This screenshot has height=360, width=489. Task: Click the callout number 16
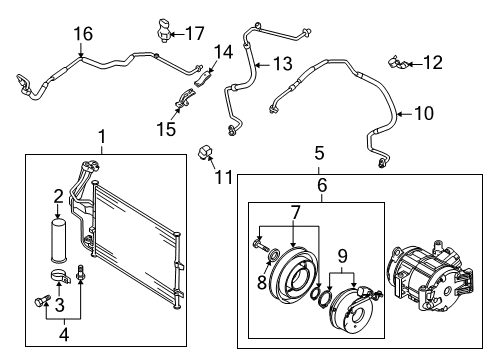[83, 34]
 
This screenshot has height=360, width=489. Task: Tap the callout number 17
[194, 33]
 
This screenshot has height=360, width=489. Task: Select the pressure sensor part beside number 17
[163, 31]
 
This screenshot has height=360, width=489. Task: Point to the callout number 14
[223, 52]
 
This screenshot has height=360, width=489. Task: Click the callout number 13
[283, 63]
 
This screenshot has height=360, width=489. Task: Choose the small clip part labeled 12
[397, 63]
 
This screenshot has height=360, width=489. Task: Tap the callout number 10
[424, 113]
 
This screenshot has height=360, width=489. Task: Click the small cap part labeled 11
[205, 152]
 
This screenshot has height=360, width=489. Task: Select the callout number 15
[166, 129]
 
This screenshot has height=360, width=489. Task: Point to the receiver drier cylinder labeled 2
[58, 240]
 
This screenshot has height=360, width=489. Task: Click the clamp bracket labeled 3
[60, 276]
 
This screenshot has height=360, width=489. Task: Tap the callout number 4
[64, 334]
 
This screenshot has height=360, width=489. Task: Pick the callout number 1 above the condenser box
[102, 137]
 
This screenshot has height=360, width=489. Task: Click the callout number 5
[319, 153]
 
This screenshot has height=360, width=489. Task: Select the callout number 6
[322, 185]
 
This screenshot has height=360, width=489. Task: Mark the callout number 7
[295, 212]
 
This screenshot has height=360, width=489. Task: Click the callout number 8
[262, 283]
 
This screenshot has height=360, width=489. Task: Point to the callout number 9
[342, 256]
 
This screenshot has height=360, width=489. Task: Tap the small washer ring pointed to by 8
[274, 255]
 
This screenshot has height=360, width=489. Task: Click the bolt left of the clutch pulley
[260, 247]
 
